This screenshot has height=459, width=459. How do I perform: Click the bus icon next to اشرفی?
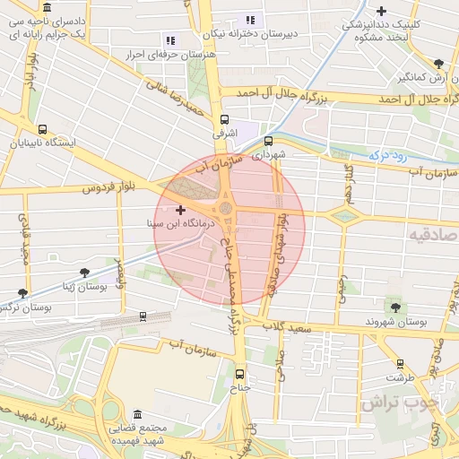point(223,117)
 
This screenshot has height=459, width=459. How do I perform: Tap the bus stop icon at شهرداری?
point(269,140)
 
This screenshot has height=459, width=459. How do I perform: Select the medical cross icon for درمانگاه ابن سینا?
point(180,209)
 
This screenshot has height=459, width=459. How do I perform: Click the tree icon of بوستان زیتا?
point(84,272)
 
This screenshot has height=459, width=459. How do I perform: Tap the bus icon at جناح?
point(238,374)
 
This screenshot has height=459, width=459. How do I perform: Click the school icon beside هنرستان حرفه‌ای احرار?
point(170,40)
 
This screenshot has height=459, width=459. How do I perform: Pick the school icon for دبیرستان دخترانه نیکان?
point(250,20)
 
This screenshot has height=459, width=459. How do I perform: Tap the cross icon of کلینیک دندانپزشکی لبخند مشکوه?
point(383,12)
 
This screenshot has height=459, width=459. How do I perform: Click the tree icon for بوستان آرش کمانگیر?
point(437,64)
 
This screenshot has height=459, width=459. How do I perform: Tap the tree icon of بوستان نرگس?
point(22,293)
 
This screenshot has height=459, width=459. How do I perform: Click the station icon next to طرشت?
point(400,364)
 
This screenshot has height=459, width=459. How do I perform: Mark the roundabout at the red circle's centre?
point(226,210)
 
